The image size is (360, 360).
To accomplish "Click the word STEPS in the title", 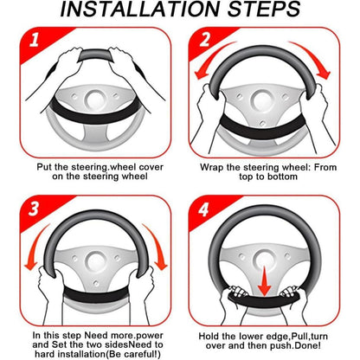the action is point(264,10).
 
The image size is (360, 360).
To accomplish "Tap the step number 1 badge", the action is point(34,40).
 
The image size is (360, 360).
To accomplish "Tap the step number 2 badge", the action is point(204,40).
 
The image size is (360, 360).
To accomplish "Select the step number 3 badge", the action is point(34,209).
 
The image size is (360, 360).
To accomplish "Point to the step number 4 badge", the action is point(203,209).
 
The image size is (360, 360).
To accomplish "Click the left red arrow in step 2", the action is point(213,59).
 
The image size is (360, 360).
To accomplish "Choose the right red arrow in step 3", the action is point(156,246).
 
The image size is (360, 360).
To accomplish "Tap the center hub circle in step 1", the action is point(95,100).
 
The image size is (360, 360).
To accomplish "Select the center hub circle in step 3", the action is point(95,262).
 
